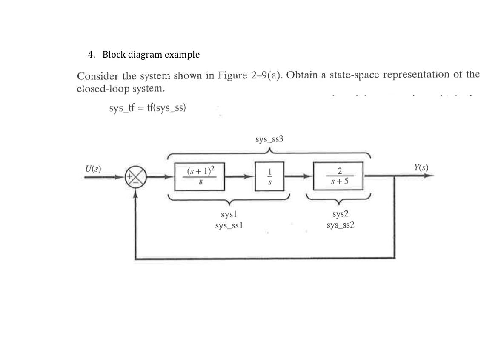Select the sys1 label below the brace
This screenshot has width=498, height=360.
(x=229, y=216)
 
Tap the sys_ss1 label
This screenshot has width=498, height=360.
(x=229, y=225)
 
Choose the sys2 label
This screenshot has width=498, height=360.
(x=341, y=216)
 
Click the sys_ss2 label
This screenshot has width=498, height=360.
(x=341, y=225)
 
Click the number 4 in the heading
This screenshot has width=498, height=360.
(x=90, y=55)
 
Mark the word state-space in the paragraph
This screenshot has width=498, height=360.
(x=349, y=75)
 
